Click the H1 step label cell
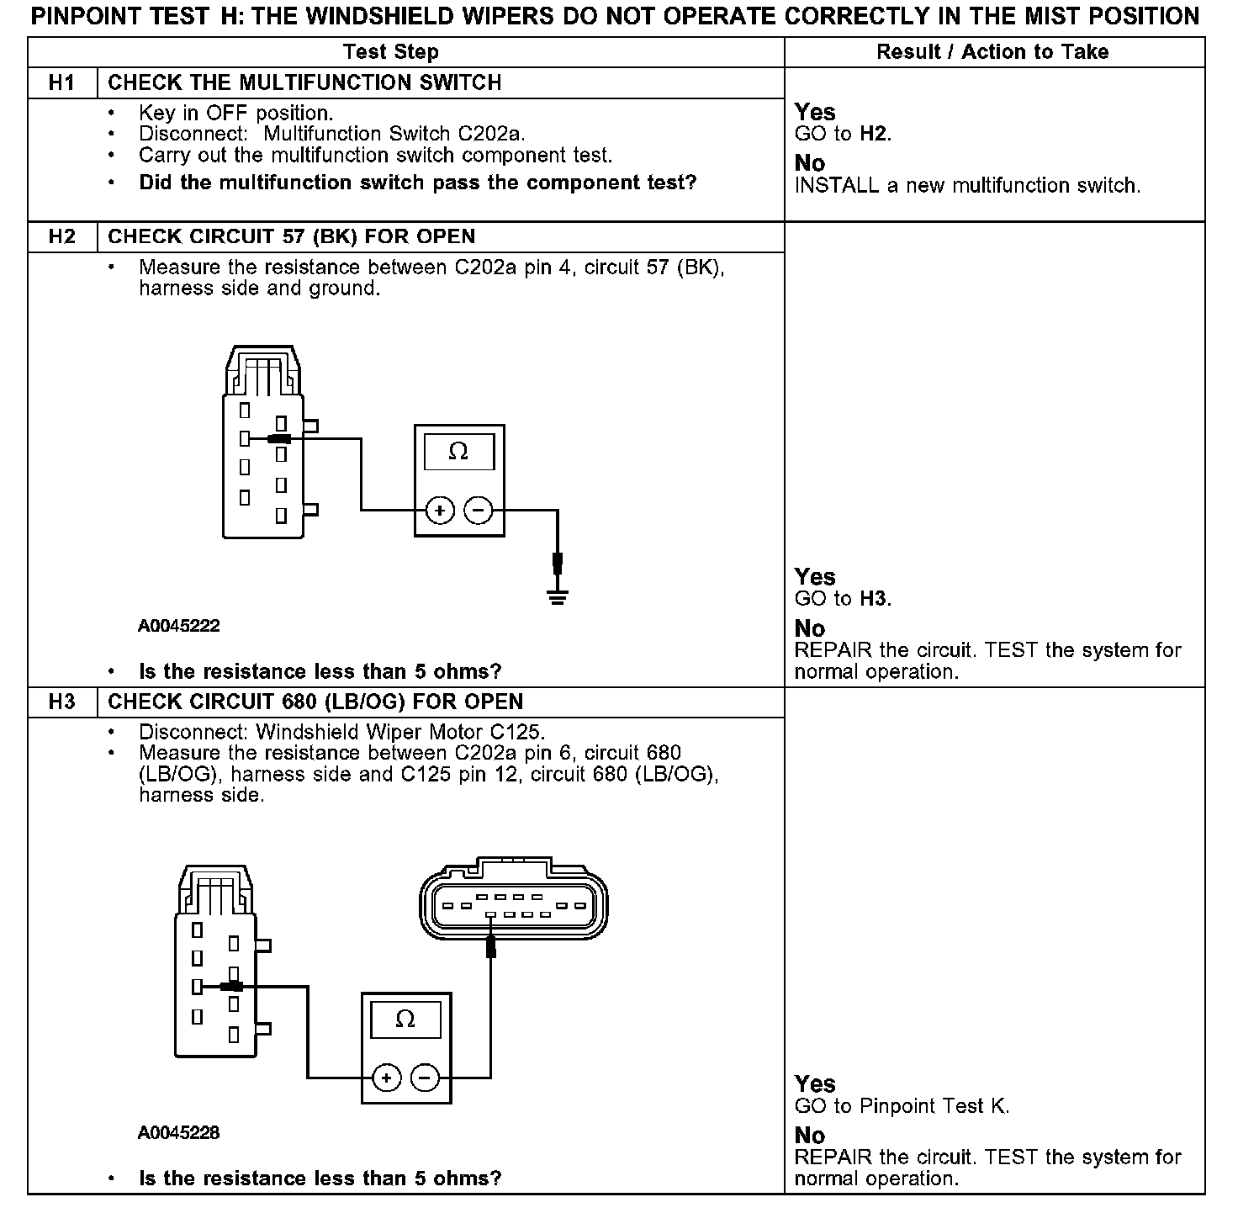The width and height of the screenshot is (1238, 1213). point(62,82)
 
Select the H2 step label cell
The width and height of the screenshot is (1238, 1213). point(62,236)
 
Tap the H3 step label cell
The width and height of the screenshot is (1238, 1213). point(62,702)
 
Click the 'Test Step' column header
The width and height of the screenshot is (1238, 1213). point(391,52)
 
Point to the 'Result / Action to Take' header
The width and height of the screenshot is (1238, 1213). point(992,52)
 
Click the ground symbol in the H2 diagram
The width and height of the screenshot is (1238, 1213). point(557,596)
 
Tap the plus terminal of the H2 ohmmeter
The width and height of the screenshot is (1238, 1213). point(439,510)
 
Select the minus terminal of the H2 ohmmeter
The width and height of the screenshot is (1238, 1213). point(479,510)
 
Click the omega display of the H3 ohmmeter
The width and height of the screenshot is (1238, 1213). point(405,1020)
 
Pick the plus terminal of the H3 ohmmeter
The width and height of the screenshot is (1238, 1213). point(386,1078)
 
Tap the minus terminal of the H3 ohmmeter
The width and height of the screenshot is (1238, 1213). point(426,1078)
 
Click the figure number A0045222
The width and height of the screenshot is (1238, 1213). point(179,626)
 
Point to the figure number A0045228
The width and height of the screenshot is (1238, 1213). point(179,1133)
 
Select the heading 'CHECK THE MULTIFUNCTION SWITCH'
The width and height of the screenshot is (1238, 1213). point(304,82)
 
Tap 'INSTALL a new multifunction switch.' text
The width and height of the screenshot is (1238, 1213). point(967,186)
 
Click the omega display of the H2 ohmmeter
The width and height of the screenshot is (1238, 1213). point(458,452)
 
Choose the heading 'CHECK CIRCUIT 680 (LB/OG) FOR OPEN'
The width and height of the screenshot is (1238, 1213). point(315,702)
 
